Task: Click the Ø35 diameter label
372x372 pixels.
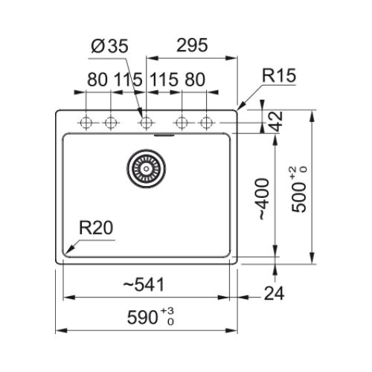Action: pyautogui.click(x=109, y=46)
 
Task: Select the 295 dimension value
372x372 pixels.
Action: pyautogui.click(x=192, y=45)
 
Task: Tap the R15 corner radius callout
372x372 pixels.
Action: pyautogui.click(x=279, y=75)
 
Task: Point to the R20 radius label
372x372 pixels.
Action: pyautogui.click(x=96, y=228)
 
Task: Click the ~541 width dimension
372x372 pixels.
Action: pyautogui.click(x=144, y=285)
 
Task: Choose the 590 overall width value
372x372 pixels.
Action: pyautogui.click(x=142, y=318)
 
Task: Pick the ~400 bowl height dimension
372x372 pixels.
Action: pyautogui.click(x=263, y=199)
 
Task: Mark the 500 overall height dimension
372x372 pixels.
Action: pyautogui.click(x=298, y=197)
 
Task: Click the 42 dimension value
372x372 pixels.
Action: pyautogui.click(x=277, y=121)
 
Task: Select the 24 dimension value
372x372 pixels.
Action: pyautogui.click(x=275, y=293)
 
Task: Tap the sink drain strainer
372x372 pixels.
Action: pyautogui.click(x=147, y=169)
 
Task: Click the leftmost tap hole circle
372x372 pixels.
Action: pyautogui.click(x=86, y=123)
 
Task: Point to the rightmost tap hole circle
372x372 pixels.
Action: pyautogui.click(x=207, y=123)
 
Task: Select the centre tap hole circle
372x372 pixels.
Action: pyautogui.click(x=146, y=123)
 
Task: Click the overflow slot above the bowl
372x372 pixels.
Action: pyautogui.click(x=164, y=135)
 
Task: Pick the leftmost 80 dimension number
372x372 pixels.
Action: pyautogui.click(x=97, y=80)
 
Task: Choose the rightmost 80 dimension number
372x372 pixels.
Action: pyautogui.click(x=195, y=80)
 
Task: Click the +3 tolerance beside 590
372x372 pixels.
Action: pyautogui.click(x=167, y=311)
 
